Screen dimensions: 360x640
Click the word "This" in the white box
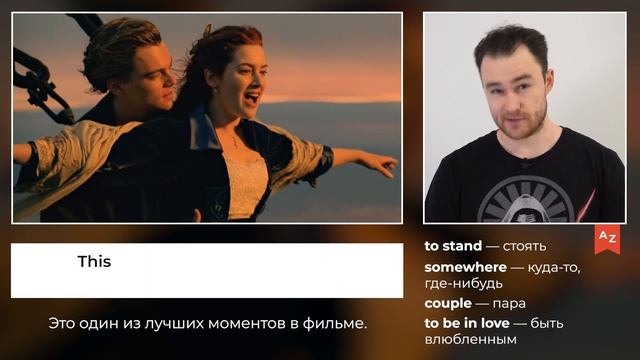(x=94, y=262)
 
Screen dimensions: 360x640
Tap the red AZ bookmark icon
(x=606, y=237)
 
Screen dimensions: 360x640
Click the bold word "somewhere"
(x=465, y=267)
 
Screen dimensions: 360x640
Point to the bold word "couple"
(x=447, y=303)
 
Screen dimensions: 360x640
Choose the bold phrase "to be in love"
(x=467, y=323)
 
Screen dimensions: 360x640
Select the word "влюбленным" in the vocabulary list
(x=470, y=340)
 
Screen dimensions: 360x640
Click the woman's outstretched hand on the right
(x=379, y=162)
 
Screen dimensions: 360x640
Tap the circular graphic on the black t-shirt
(x=524, y=199)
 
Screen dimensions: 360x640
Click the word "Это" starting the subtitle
(x=63, y=324)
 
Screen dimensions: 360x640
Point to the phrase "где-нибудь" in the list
(x=463, y=284)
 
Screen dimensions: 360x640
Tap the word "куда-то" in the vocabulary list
(x=553, y=267)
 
